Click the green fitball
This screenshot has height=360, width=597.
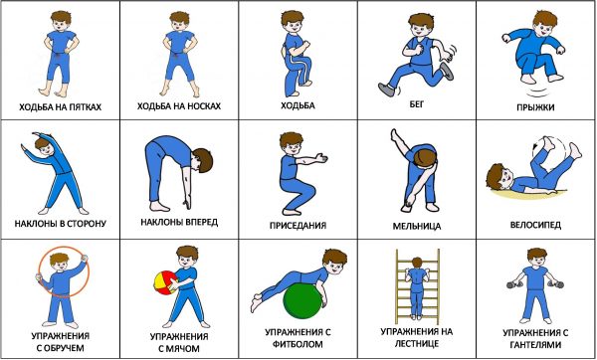(303, 301)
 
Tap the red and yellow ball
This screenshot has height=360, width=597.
(166, 282)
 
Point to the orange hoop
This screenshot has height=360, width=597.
(64, 271)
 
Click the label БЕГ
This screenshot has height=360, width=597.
(417, 103)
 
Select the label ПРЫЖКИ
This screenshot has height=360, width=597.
(535, 107)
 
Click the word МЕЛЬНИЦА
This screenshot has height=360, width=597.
(417, 226)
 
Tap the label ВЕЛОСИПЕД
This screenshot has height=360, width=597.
(535, 225)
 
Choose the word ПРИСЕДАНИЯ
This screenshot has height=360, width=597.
(298, 226)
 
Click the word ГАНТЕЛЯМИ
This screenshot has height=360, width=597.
(535, 345)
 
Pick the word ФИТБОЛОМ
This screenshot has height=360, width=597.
(298, 344)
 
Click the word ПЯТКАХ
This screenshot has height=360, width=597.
(85, 107)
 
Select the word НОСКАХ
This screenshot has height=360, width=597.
(204, 105)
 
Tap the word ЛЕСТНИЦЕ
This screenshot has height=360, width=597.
(417, 344)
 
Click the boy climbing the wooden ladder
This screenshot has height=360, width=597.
(417, 287)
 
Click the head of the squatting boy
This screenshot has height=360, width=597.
(292, 142)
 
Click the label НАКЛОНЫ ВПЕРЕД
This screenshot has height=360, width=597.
(179, 222)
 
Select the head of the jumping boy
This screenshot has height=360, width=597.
(544, 23)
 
